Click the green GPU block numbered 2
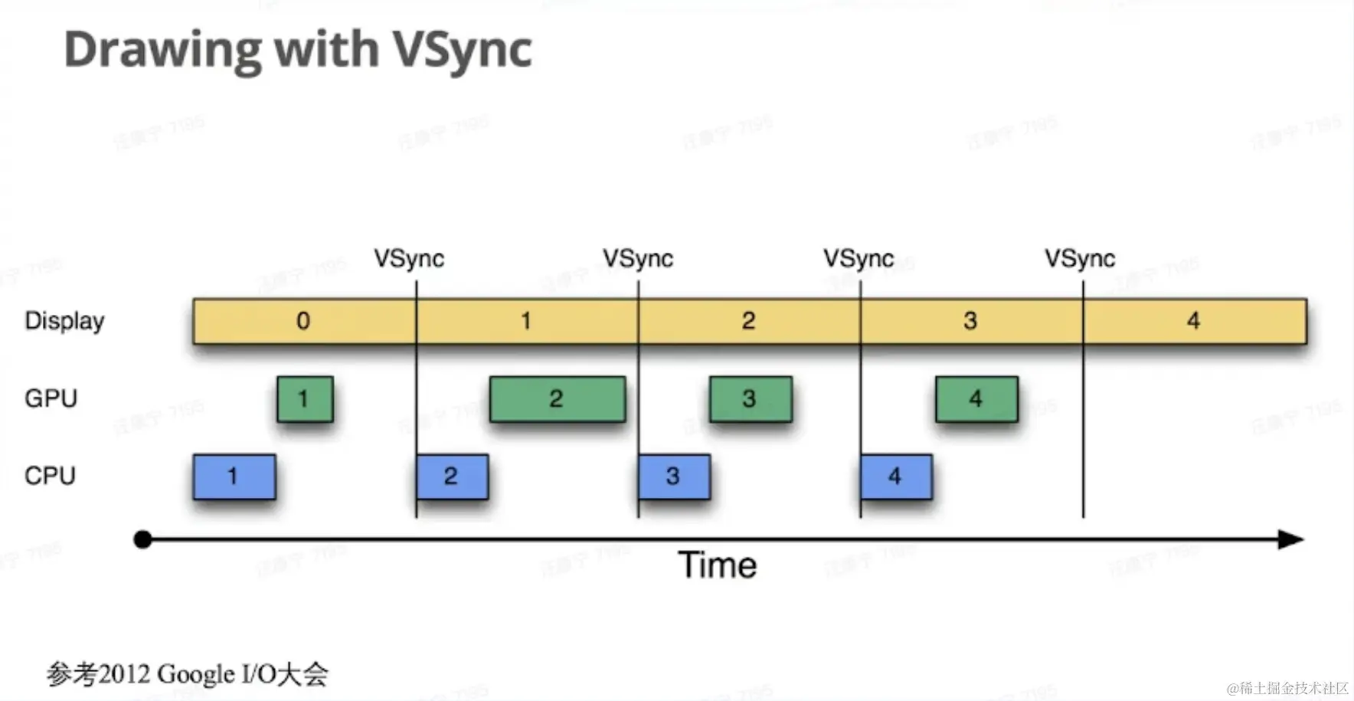tap(557, 398)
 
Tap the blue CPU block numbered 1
tap(234, 477)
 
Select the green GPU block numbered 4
tap(976, 398)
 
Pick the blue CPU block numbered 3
tap(674, 477)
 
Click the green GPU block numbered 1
tap(305, 398)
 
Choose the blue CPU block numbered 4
tap(895, 477)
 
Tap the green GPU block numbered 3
tap(750, 398)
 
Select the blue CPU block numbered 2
tap(452, 477)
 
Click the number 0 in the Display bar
tap(303, 321)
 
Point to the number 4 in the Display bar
tap(1193, 321)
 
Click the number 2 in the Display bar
tap(748, 321)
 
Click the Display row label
tap(64, 321)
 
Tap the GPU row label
tap(51, 398)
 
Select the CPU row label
tap(50, 476)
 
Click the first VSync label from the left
tap(409, 259)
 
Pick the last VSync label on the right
tap(1080, 259)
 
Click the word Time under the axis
tap(718, 566)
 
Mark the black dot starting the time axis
tap(142, 539)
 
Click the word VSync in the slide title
tap(463, 51)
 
